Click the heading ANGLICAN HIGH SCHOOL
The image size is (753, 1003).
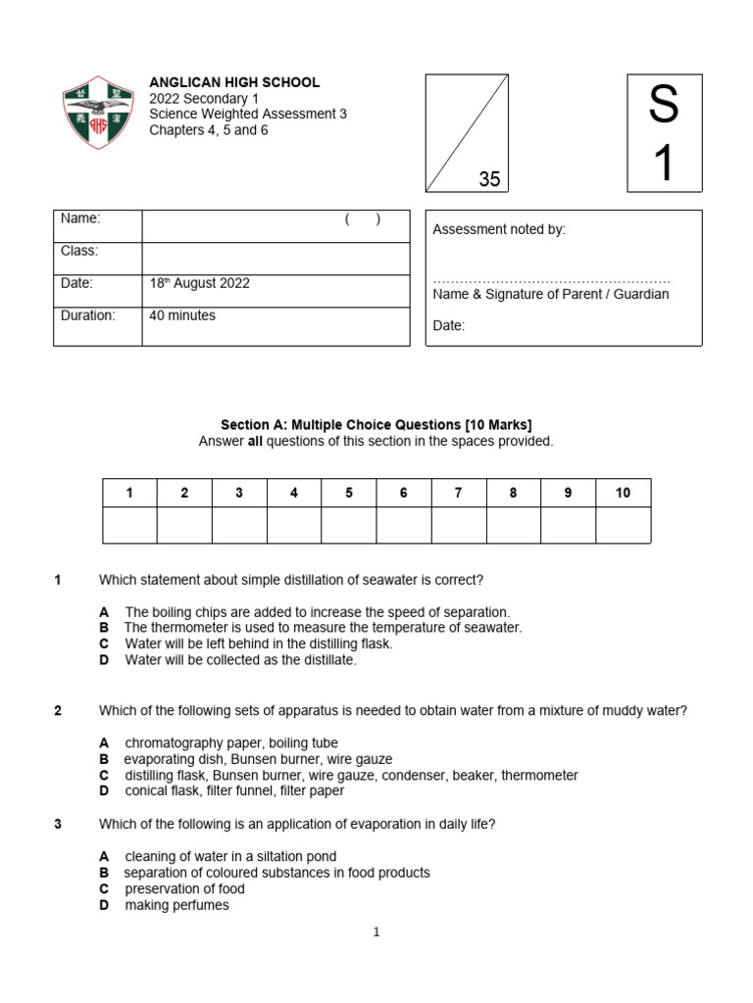[234, 83]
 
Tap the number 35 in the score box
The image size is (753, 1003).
[489, 179]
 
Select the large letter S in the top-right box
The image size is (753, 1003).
[664, 104]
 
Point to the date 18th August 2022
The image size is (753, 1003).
[199, 283]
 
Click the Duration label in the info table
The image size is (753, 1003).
[88, 315]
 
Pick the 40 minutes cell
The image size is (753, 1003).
[182, 315]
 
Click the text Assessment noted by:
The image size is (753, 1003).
[499, 229]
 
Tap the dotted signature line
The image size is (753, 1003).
[551, 281]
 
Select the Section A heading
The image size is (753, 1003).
[376, 425]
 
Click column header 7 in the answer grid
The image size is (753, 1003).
[458, 493]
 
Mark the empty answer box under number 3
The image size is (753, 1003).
[239, 525]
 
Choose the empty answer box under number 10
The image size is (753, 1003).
[623, 525]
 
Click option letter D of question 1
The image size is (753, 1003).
[104, 660]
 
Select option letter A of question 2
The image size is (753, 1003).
[104, 743]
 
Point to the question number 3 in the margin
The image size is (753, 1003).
[58, 824]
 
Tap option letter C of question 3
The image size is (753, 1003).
[104, 889]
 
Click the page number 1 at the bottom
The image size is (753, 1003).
[376, 932]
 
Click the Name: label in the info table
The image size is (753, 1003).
[80, 218]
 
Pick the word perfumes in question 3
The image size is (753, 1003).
[201, 905]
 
